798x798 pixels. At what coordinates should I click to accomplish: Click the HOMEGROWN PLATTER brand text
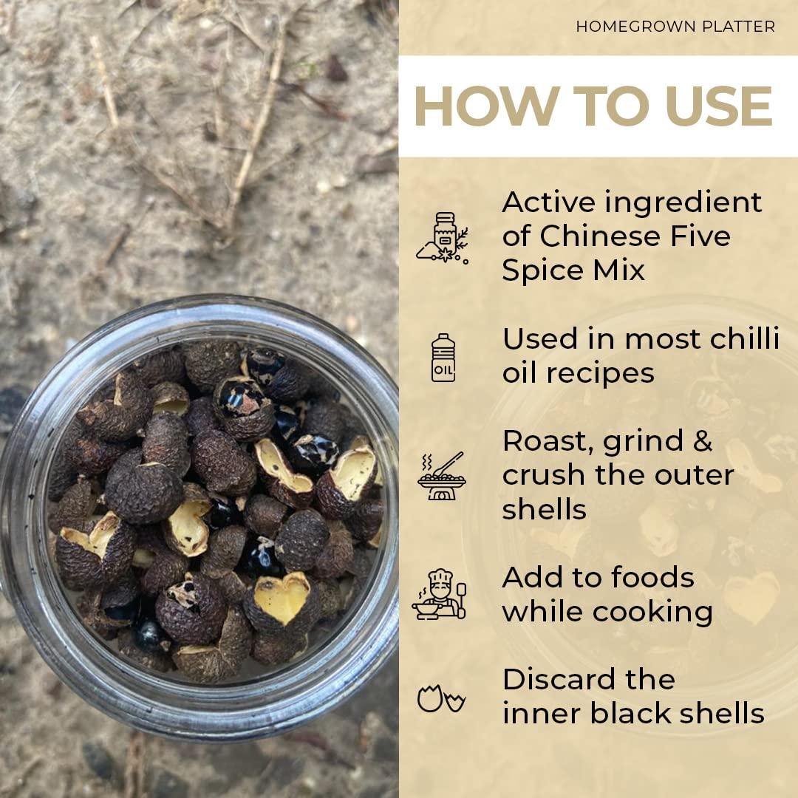(675, 27)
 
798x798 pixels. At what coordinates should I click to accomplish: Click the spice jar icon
(443, 238)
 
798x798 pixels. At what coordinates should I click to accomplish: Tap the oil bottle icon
(443, 358)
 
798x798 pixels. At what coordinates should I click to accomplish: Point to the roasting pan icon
(442, 477)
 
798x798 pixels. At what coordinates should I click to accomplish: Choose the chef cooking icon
(439, 594)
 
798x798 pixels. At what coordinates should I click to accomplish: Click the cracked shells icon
(441, 698)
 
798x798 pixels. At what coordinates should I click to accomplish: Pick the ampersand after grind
(702, 440)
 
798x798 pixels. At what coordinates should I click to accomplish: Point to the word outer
(694, 475)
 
